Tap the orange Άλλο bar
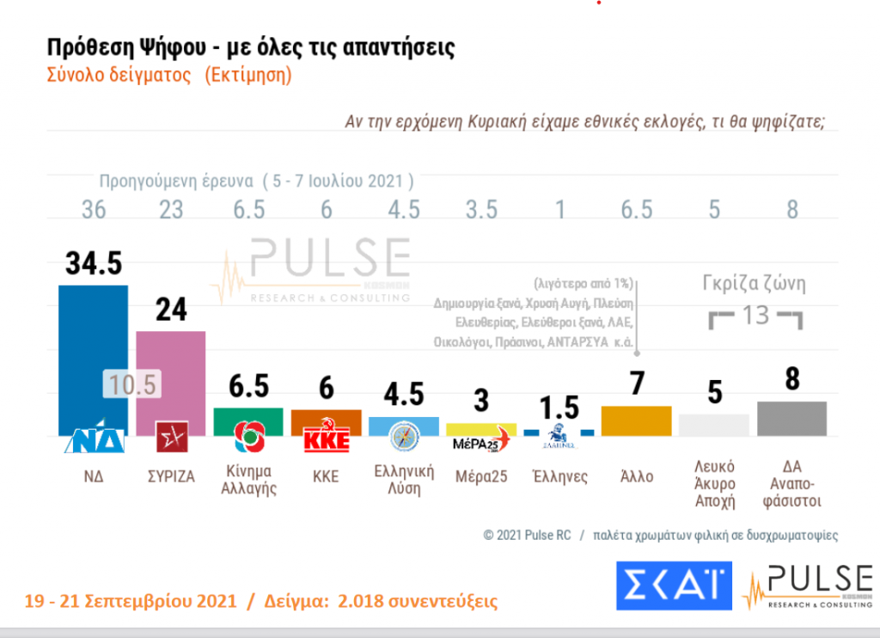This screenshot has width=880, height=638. pyautogui.click(x=637, y=420)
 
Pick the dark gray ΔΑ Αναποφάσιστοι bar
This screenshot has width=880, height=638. pyautogui.click(x=791, y=418)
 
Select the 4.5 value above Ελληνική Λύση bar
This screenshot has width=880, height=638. pyautogui.click(x=404, y=395)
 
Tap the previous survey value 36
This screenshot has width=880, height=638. pyautogui.click(x=93, y=209)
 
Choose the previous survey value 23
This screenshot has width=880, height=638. pyautogui.click(x=171, y=209)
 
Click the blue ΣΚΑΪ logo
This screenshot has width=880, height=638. pyautogui.click(x=674, y=586)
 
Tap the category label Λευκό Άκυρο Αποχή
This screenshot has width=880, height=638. pyautogui.click(x=713, y=484)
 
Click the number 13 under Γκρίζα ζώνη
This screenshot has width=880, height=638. pyautogui.click(x=755, y=315)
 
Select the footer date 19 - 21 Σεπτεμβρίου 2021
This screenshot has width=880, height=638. pyautogui.click(x=130, y=600)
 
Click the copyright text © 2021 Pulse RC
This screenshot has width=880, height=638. pyautogui.click(x=527, y=535)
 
